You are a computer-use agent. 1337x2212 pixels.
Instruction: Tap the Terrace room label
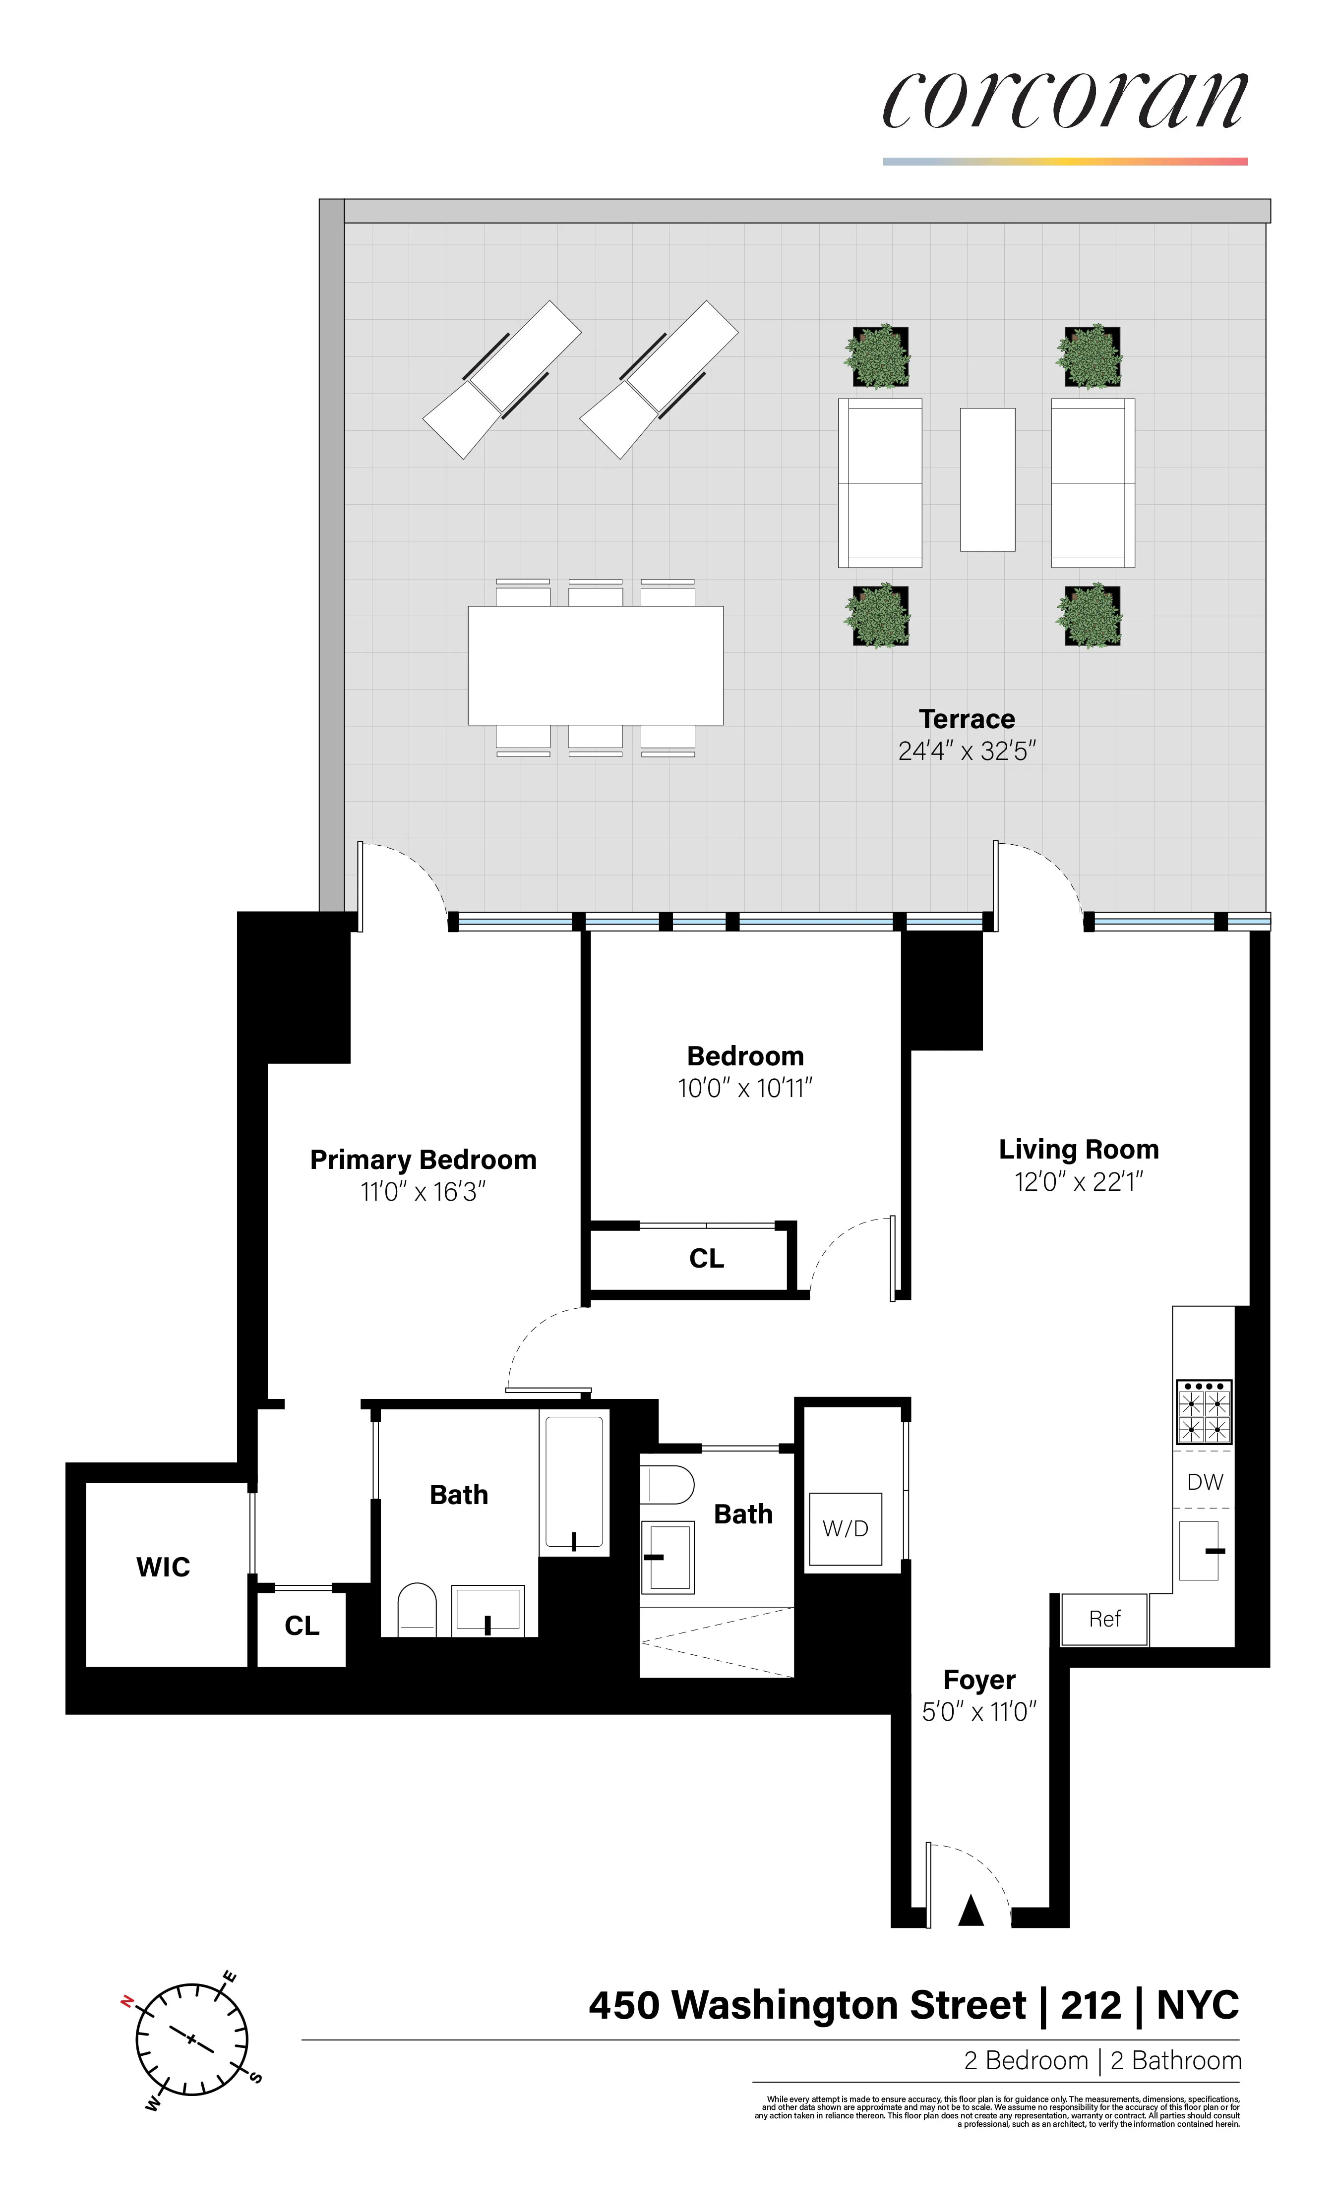966,719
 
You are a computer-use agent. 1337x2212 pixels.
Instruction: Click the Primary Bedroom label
423,1160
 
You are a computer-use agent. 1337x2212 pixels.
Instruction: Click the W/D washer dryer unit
845,1529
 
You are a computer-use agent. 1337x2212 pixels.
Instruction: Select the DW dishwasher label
1204,1482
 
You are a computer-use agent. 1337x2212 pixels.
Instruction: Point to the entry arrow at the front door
971,1911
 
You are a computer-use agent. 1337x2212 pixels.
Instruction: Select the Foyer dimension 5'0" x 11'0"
979,1712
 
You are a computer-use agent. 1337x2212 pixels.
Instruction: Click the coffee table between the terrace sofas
987,479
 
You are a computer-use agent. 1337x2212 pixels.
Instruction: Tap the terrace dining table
595,665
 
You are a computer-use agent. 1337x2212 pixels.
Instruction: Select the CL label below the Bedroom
706,1259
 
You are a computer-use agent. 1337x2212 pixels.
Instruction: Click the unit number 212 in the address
1091,2005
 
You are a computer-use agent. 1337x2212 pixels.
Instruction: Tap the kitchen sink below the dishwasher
1199,1550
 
